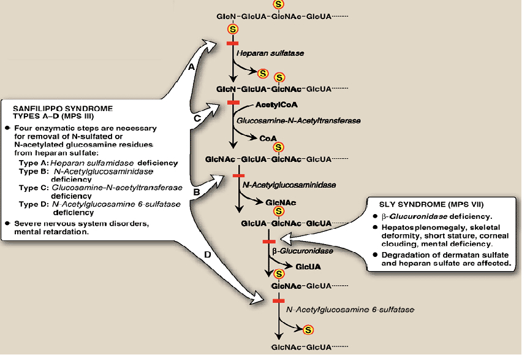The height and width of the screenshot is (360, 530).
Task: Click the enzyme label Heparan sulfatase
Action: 270,53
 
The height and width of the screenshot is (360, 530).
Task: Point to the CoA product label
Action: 268,138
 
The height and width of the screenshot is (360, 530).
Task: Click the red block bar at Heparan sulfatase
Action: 233,43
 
